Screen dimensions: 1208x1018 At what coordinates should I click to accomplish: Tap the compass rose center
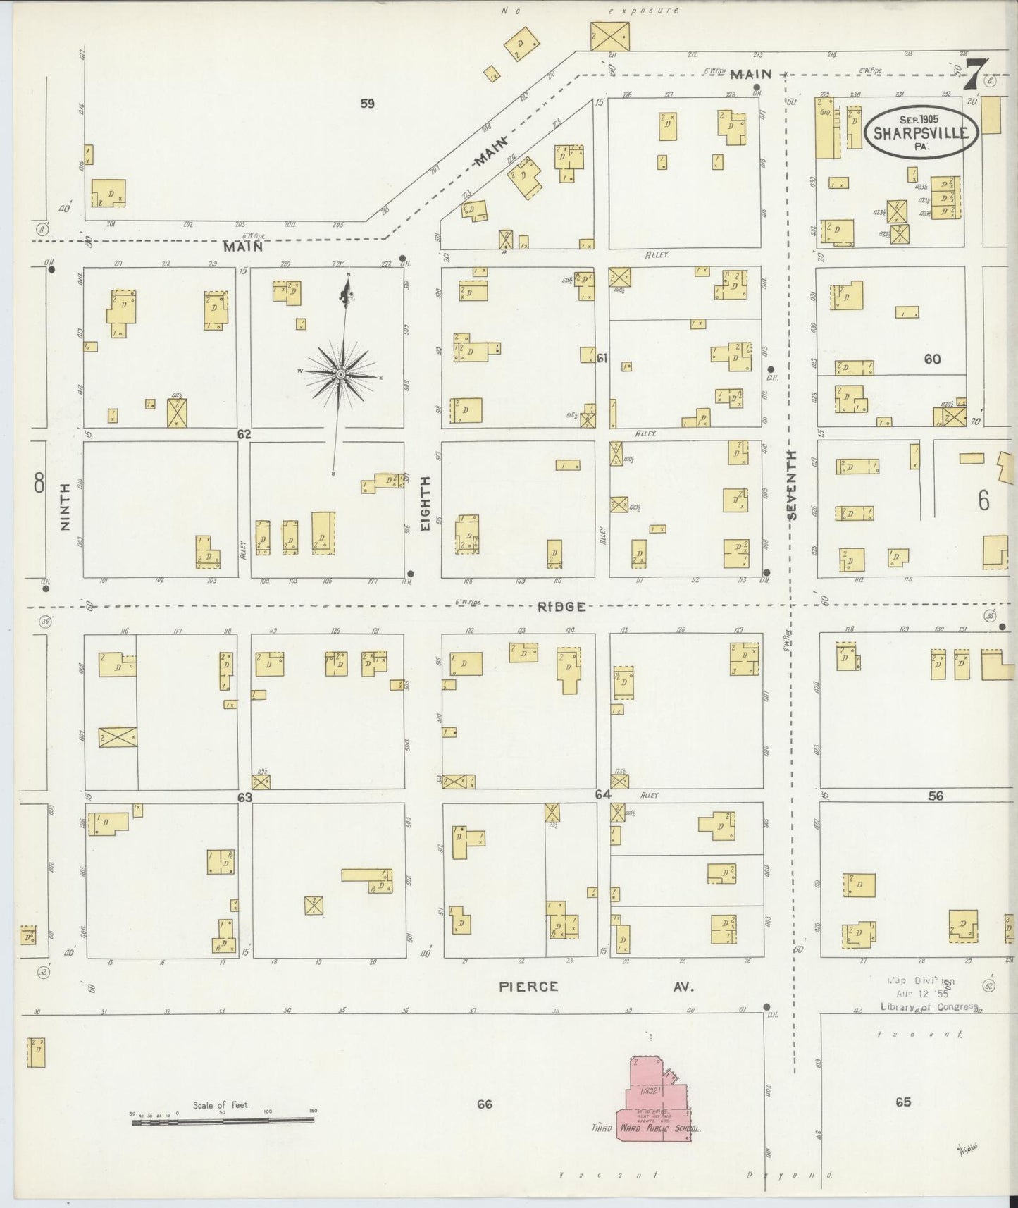pyautogui.click(x=340, y=374)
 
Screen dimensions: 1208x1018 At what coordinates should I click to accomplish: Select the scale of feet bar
pyautogui.click(x=223, y=1119)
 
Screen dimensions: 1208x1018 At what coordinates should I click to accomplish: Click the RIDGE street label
pyautogui.click(x=561, y=606)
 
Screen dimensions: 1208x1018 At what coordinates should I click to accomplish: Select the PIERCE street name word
pyautogui.click(x=528, y=987)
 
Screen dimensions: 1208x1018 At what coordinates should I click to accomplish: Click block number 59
pyautogui.click(x=367, y=104)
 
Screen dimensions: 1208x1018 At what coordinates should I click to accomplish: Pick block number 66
pyautogui.click(x=483, y=1104)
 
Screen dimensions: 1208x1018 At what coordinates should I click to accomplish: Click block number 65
pyautogui.click(x=903, y=1102)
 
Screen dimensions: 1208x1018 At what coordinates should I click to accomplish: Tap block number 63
pyautogui.click(x=244, y=797)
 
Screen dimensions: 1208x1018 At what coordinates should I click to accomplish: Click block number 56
pyautogui.click(x=936, y=796)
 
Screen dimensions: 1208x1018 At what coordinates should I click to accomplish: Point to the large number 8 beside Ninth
pyautogui.click(x=39, y=483)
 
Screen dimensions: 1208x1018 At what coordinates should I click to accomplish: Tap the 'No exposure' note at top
pyautogui.click(x=590, y=11)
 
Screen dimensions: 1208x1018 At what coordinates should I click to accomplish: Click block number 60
pyautogui.click(x=932, y=359)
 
